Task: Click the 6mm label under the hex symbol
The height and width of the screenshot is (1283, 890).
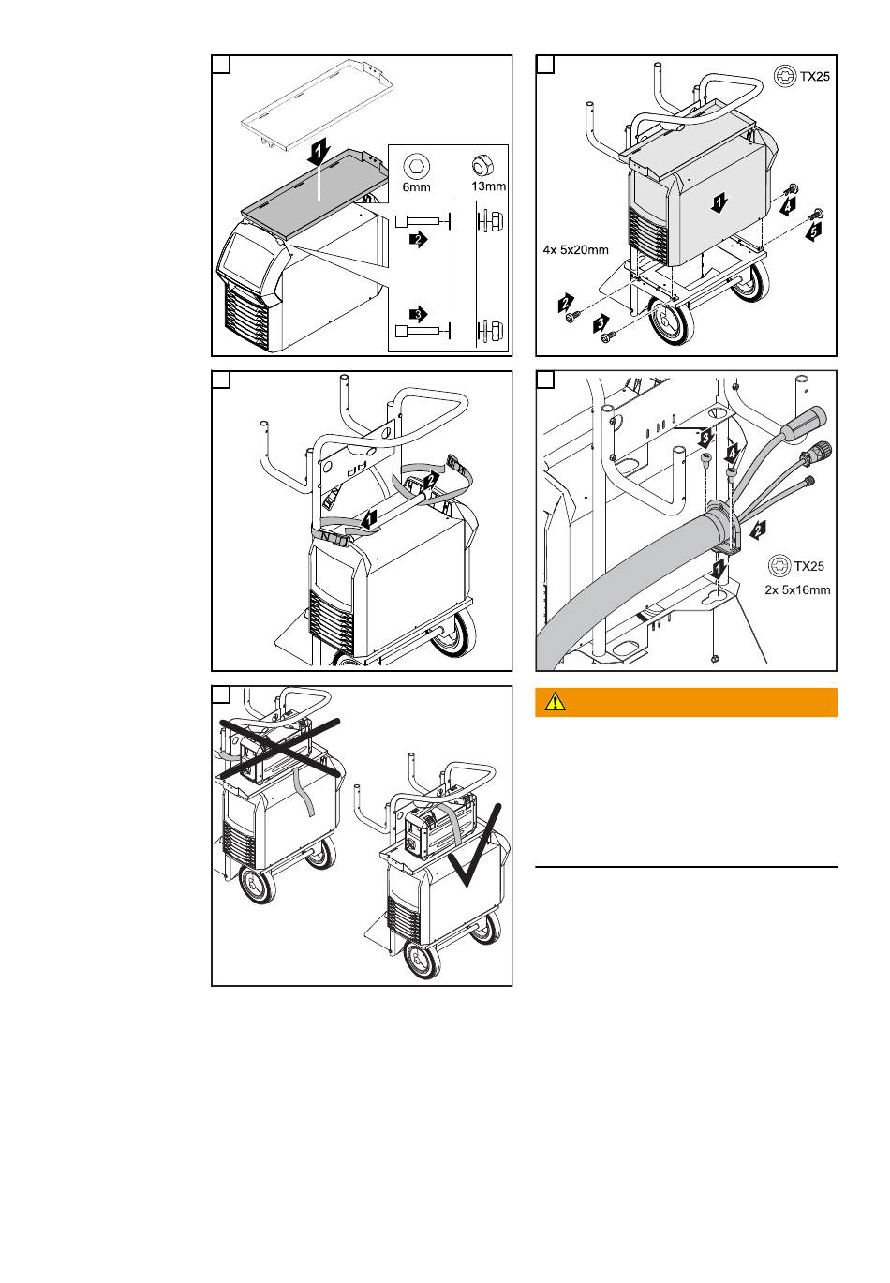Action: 416,186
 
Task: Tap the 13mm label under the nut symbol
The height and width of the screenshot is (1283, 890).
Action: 488,186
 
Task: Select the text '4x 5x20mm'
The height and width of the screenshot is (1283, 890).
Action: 575,249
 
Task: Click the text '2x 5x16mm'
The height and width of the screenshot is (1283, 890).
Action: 797,589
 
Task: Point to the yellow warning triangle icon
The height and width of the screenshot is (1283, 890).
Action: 555,702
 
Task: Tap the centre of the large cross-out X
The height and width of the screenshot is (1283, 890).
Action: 280,748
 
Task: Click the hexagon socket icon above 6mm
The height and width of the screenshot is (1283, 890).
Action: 416,167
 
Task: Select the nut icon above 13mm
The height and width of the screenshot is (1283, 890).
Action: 481,166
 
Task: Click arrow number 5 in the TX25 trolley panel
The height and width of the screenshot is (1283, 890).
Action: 813,231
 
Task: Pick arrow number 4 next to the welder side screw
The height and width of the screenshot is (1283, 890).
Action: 789,205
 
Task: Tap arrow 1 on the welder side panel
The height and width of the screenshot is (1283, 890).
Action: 719,202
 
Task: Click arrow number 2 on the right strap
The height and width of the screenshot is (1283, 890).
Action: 431,480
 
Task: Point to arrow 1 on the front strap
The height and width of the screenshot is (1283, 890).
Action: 369,520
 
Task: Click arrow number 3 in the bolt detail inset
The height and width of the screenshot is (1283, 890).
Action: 419,314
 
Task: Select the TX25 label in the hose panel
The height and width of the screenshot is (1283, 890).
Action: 808,566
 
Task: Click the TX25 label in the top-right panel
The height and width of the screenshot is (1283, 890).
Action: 814,76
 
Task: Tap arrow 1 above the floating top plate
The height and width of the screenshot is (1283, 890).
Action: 319,154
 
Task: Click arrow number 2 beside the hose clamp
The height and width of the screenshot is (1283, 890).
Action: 758,530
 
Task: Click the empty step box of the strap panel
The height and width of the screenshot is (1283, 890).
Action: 221,380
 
